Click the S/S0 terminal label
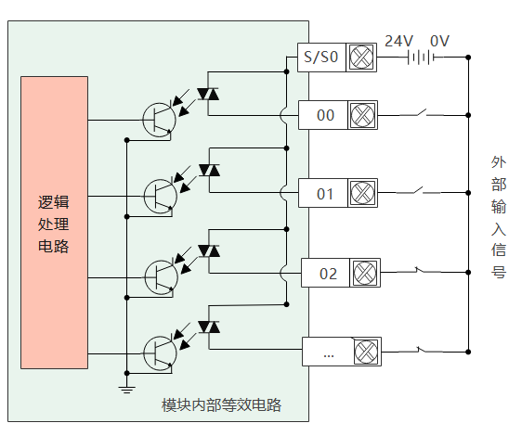pyautogui.click(x=321, y=57)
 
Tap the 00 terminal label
pyautogui.click(x=325, y=115)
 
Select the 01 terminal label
pyautogui.click(x=325, y=194)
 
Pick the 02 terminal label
pyautogui.click(x=328, y=274)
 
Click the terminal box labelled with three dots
pyautogui.click(x=328, y=352)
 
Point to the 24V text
pyautogui.click(x=398, y=41)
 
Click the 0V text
pyautogui.click(x=439, y=41)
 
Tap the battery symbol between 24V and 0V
pyautogui.click(x=421, y=58)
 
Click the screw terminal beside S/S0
pyautogui.click(x=361, y=58)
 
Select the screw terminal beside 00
pyautogui.click(x=362, y=115)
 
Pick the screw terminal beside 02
pyautogui.click(x=365, y=273)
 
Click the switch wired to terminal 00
pyautogui.click(x=422, y=113)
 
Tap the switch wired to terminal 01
pyautogui.click(x=418, y=190)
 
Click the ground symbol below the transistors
pyautogui.click(x=126, y=389)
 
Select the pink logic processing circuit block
pyautogui.click(x=54, y=223)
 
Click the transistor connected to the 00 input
pyautogui.click(x=159, y=120)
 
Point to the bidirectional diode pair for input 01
pyautogui.click(x=209, y=171)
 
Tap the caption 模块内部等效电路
pyautogui.click(x=221, y=405)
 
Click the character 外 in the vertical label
pyautogui.click(x=499, y=162)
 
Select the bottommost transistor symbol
pyautogui.click(x=160, y=353)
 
